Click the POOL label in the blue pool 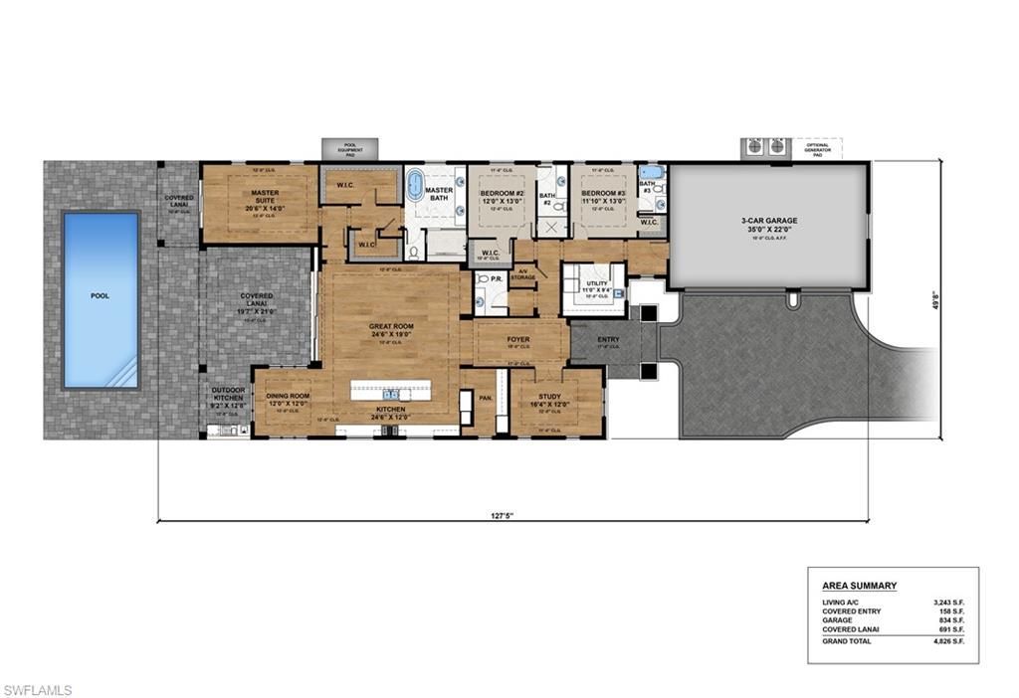tap(100, 295)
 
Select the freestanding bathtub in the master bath tap(414, 186)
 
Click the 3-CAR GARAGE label tap(769, 220)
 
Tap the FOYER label tap(518, 339)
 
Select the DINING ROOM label tap(288, 396)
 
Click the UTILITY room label tap(596, 283)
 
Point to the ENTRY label tap(607, 340)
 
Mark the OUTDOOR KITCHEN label tap(228, 396)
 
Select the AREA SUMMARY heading tap(859, 586)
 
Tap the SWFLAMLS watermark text tap(38, 689)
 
